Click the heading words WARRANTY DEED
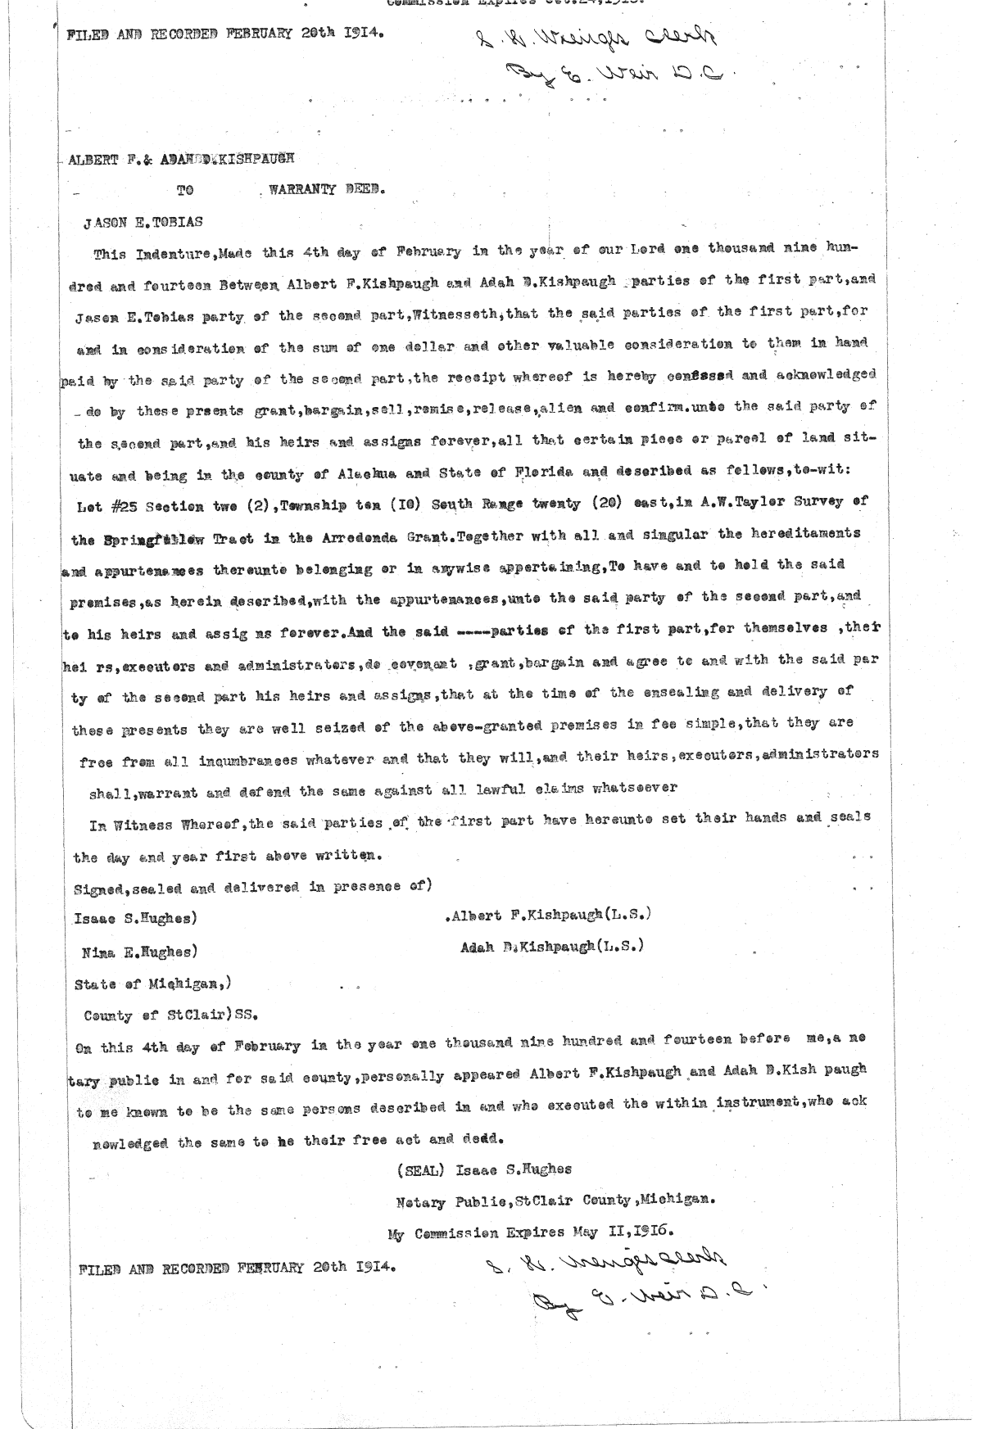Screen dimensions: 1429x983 pos(327,189)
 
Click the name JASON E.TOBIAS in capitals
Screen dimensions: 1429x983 pos(144,222)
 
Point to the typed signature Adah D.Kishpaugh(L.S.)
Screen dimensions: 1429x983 pos(552,947)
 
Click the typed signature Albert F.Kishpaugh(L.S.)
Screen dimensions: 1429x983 pos(551,915)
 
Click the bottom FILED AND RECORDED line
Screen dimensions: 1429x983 pos(238,1267)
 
